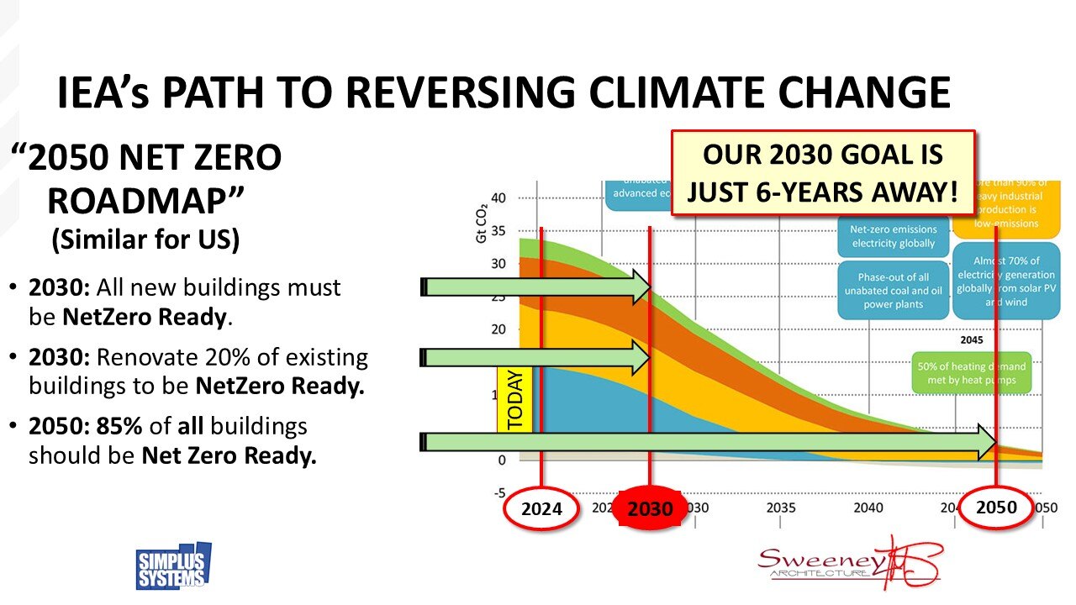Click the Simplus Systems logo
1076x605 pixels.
pyautogui.click(x=173, y=566)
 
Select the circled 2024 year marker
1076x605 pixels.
pyautogui.click(x=542, y=508)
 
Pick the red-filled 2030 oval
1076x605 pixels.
pyautogui.click(x=650, y=508)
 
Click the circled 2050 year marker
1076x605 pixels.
pyautogui.click(x=996, y=507)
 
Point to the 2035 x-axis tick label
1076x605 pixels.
pyautogui.click(x=781, y=508)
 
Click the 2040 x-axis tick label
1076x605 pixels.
pyautogui.click(x=868, y=508)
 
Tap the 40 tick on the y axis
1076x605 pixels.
pyautogui.click(x=498, y=198)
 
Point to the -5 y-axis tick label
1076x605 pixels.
pyautogui.click(x=498, y=492)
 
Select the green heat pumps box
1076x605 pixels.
pyautogui.click(x=971, y=373)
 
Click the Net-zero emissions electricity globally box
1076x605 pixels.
pyautogui.click(x=893, y=236)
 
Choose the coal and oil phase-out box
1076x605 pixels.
pyautogui.click(x=893, y=291)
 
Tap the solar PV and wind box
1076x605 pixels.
pyautogui.click(x=1006, y=281)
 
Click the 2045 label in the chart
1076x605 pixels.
pyautogui.click(x=971, y=341)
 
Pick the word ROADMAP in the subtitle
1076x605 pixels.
pyautogui.click(x=145, y=200)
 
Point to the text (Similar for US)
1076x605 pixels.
pyautogui.click(x=145, y=240)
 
